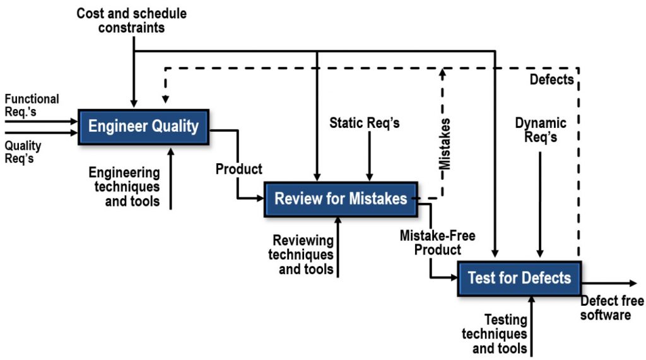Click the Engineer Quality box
(143, 126)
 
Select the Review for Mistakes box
(341, 199)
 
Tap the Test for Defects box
(519, 278)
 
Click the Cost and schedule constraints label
(131, 20)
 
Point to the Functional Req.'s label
(32, 105)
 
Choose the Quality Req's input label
(23, 152)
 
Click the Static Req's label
(365, 123)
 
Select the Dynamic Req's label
(540, 130)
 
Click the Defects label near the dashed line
(551, 79)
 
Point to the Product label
(238, 170)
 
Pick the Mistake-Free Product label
(437, 243)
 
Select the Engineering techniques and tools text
(124, 187)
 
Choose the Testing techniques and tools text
(495, 334)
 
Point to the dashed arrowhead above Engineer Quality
(165, 100)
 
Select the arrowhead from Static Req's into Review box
(370, 176)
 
